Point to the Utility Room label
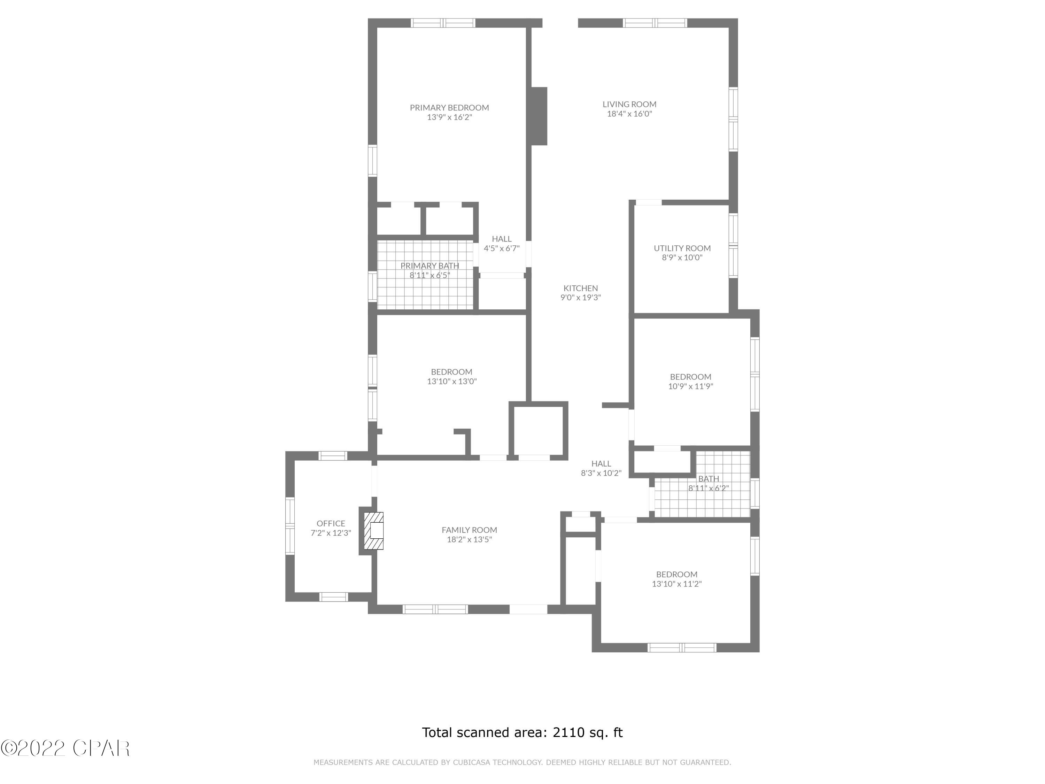pos(682,248)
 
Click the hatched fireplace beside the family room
pos(373,531)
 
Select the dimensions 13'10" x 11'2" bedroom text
pos(676,584)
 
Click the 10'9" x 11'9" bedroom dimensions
pos(690,386)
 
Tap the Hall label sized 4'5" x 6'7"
pos(501,239)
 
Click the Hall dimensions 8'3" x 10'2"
pos(601,473)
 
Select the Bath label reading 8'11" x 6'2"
pos(708,479)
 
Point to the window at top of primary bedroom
pos(443,23)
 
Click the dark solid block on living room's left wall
pos(539,116)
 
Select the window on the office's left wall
pos(289,526)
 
